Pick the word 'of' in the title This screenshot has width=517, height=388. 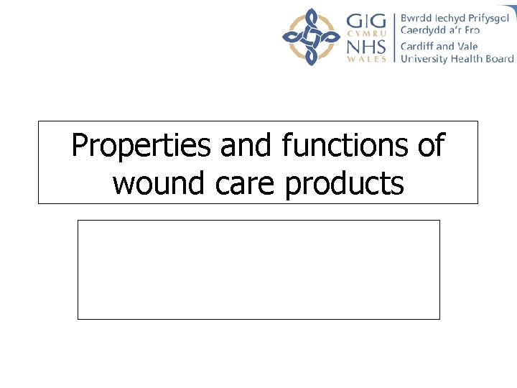tap(430, 146)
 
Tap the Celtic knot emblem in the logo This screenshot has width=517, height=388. tap(311, 37)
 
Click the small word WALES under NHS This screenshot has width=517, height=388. tap(366, 60)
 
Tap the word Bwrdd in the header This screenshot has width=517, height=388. tap(416, 18)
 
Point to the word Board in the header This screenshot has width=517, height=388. tap(501, 59)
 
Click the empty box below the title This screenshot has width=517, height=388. tap(258, 269)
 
